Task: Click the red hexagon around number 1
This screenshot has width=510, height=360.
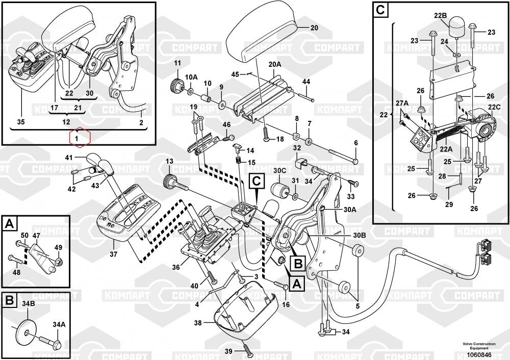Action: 77,138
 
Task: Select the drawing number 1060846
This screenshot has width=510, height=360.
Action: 479,354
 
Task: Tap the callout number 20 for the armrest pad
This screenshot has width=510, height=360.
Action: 314,28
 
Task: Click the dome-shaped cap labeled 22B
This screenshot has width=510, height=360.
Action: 455,25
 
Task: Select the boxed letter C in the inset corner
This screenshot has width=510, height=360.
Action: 380,9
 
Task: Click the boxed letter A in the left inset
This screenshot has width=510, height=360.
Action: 9,222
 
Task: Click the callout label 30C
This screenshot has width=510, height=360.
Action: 279,170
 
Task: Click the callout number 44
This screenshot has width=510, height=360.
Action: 306,82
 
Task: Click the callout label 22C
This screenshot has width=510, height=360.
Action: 494,108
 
